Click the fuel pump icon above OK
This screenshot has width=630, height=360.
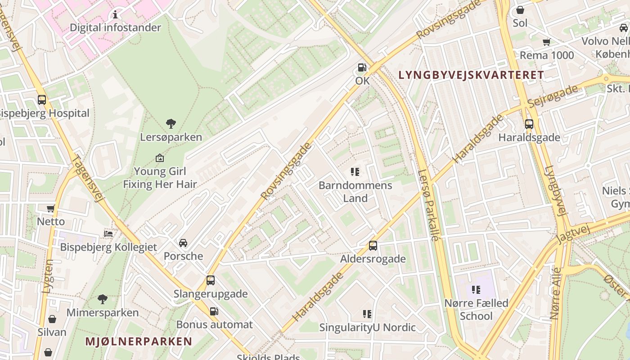tap(362, 68)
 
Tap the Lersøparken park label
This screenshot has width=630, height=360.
tap(171, 137)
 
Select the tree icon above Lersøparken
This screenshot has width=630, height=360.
tap(171, 123)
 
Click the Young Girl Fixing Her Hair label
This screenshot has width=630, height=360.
tap(160, 178)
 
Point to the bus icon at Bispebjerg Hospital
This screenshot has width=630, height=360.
tap(42, 100)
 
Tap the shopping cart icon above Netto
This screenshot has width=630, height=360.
tap(51, 208)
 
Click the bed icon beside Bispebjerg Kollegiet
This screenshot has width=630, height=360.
tap(108, 234)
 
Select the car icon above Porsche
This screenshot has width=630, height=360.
tap(183, 243)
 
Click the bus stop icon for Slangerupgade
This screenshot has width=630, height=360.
tap(211, 280)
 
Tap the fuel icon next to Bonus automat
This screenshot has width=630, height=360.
tap(214, 311)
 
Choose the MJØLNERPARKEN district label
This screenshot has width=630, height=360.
tap(139, 342)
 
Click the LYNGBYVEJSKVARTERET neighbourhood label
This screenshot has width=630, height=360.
tap(471, 75)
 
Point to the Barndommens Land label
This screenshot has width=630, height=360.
tap(355, 192)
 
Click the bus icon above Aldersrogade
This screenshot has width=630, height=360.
tap(373, 246)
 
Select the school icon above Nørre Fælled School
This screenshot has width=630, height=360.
tap(476, 290)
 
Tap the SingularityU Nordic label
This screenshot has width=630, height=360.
tap(367, 328)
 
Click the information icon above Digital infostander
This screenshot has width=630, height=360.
tap(115, 14)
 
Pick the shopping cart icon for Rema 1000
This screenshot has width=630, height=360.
tap(547, 42)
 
